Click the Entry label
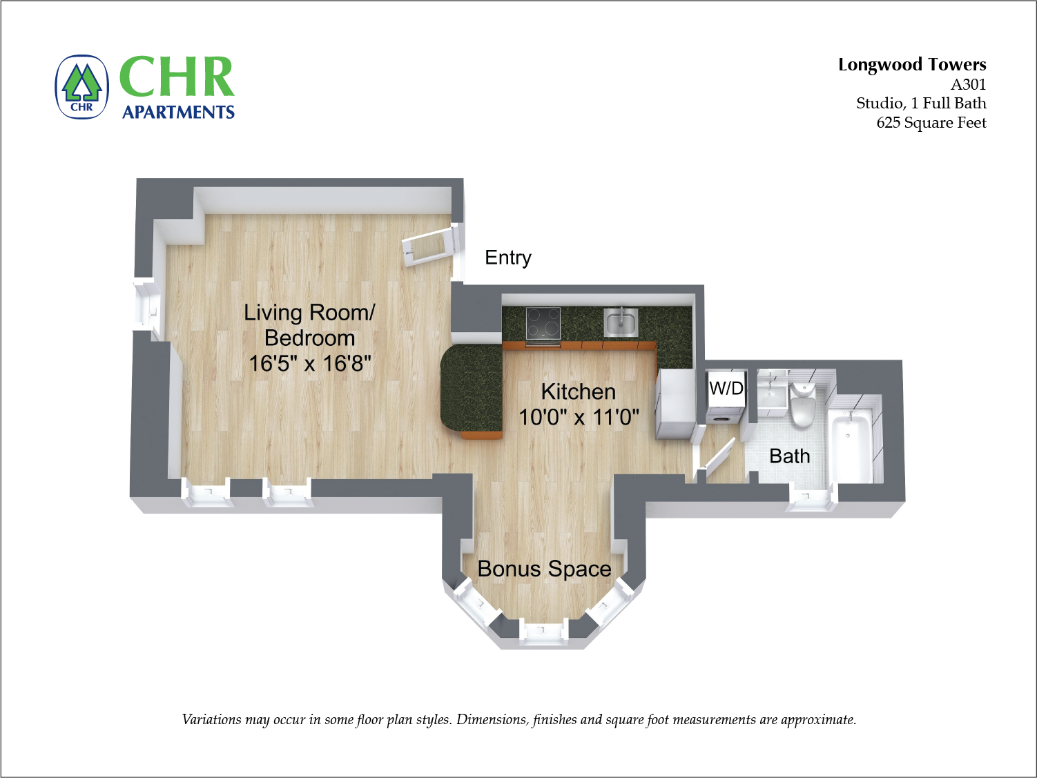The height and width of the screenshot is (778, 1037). (x=508, y=257)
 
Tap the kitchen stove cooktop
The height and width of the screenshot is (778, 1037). (x=543, y=323)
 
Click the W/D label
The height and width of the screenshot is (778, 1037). (x=726, y=388)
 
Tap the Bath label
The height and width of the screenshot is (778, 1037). (x=789, y=456)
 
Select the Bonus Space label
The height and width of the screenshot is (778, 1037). (x=544, y=569)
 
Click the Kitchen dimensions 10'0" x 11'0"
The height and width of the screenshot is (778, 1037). (x=579, y=417)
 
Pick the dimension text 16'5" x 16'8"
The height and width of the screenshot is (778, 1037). (x=310, y=363)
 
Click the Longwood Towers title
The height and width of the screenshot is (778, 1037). (x=911, y=65)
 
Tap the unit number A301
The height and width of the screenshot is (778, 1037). (x=968, y=85)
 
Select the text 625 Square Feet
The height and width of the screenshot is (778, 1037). (x=931, y=123)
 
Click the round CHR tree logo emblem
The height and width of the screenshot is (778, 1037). (x=82, y=88)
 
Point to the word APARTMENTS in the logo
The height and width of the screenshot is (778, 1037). (x=178, y=112)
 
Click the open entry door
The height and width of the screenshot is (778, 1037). (x=429, y=246)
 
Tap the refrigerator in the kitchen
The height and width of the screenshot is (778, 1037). (x=675, y=404)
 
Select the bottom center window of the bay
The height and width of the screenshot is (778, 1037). (x=542, y=631)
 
